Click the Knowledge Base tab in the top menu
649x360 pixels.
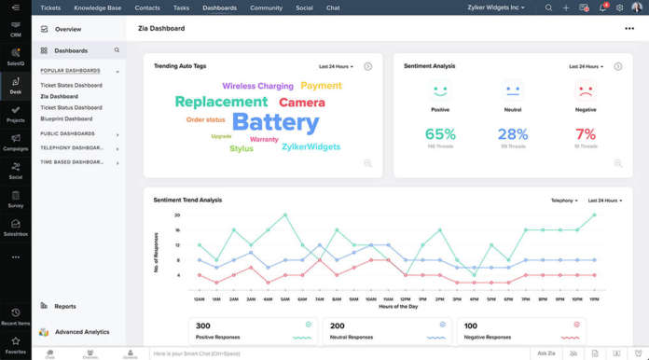[x=98, y=7]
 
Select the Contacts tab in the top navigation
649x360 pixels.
[x=146, y=7]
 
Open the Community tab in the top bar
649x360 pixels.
[x=266, y=7]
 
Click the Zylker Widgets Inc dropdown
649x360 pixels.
[x=496, y=7]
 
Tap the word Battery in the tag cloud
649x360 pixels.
[x=275, y=122]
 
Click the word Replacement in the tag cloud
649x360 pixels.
[x=221, y=102]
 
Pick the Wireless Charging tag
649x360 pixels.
[x=257, y=86]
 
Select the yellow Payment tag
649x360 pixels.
[x=321, y=86]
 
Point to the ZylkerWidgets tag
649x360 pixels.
[x=312, y=147]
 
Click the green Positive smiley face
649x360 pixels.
[x=440, y=91]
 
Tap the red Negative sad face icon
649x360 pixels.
[x=586, y=91]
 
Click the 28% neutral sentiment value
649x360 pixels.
[x=513, y=134]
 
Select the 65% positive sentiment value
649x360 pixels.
[x=440, y=134]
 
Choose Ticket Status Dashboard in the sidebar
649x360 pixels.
[x=72, y=107]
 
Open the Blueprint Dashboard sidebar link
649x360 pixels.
[x=66, y=118]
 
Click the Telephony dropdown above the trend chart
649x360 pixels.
[x=564, y=201]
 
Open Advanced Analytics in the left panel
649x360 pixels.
[x=82, y=331]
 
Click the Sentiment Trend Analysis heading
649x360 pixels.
[x=187, y=200]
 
